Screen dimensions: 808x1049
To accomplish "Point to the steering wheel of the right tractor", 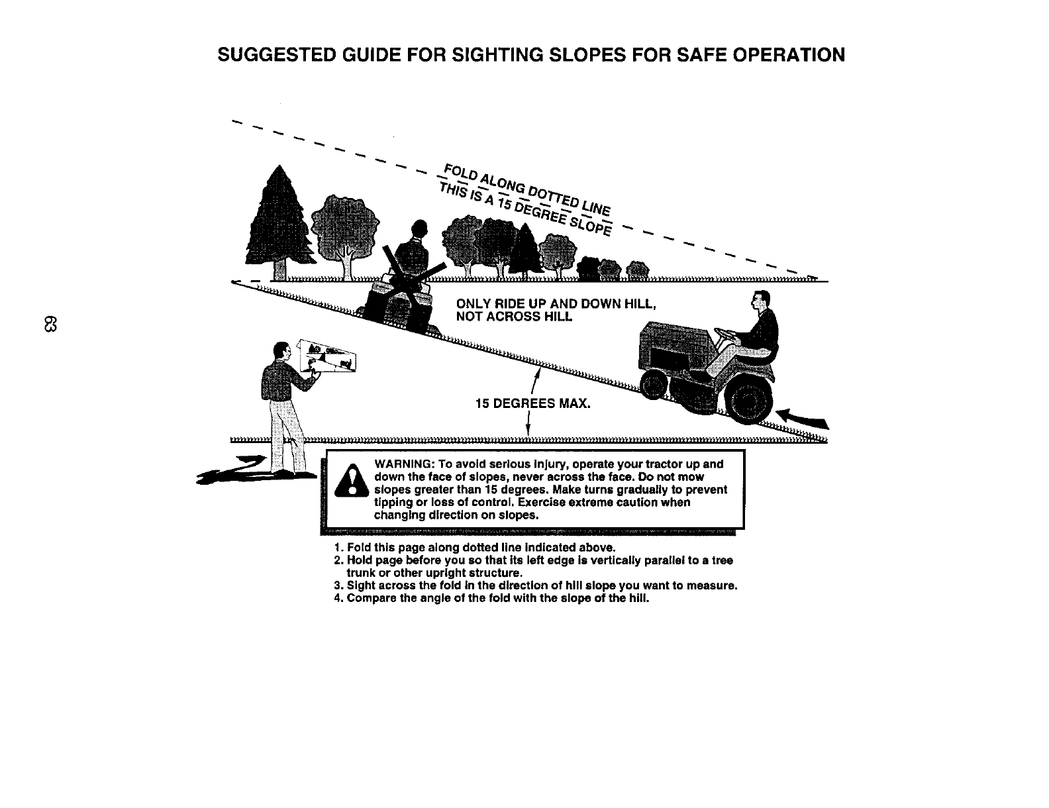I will point(726,334).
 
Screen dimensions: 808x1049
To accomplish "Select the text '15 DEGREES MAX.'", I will point(532,403).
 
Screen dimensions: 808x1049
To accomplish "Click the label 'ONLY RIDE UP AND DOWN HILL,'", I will point(556,304).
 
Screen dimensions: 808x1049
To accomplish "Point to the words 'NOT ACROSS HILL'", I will point(514,317).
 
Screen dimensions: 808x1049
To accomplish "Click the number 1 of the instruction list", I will point(338,548).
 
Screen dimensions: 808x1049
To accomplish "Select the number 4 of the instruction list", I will point(338,599).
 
